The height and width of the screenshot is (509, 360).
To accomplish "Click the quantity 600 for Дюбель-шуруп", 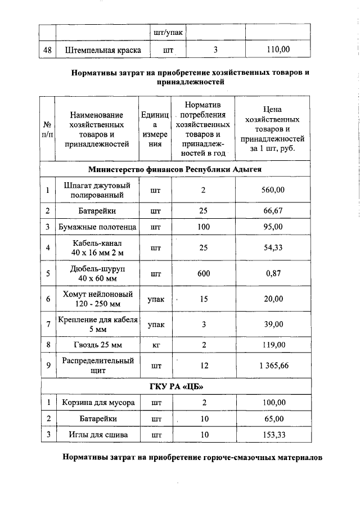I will tap(204, 274).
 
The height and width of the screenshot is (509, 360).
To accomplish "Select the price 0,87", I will tap(273, 274).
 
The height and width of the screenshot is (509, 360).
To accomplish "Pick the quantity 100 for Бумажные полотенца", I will tap(204, 227).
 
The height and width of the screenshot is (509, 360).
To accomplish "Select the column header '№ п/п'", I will tap(48, 129).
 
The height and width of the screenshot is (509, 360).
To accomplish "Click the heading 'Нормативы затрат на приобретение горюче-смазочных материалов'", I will tap(192, 458).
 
